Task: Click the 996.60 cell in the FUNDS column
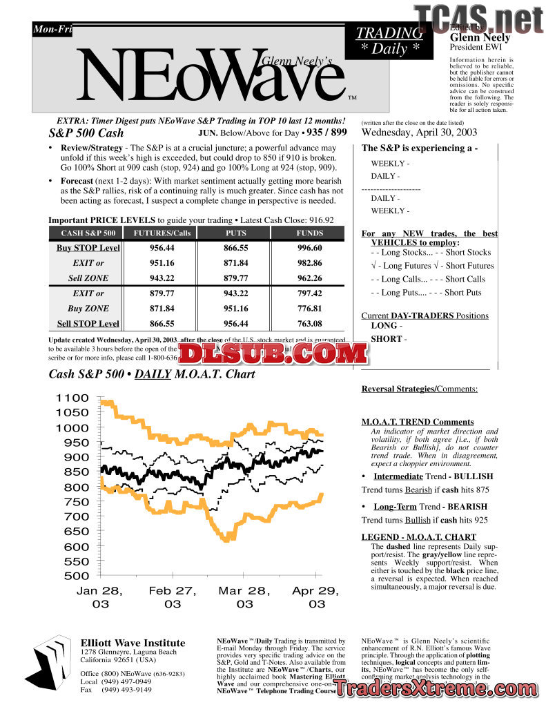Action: tap(309, 248)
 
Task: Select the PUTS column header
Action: tap(236, 233)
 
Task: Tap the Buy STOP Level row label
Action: tap(88, 248)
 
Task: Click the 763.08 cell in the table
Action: tap(309, 324)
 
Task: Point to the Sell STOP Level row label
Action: tap(88, 324)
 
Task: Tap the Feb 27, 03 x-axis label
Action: tap(173, 597)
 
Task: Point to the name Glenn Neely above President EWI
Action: tap(480, 37)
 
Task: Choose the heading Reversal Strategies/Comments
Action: tap(419, 389)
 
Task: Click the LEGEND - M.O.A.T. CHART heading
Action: tap(418, 537)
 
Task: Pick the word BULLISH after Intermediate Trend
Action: tap(474, 476)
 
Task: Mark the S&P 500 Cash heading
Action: tap(86, 133)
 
